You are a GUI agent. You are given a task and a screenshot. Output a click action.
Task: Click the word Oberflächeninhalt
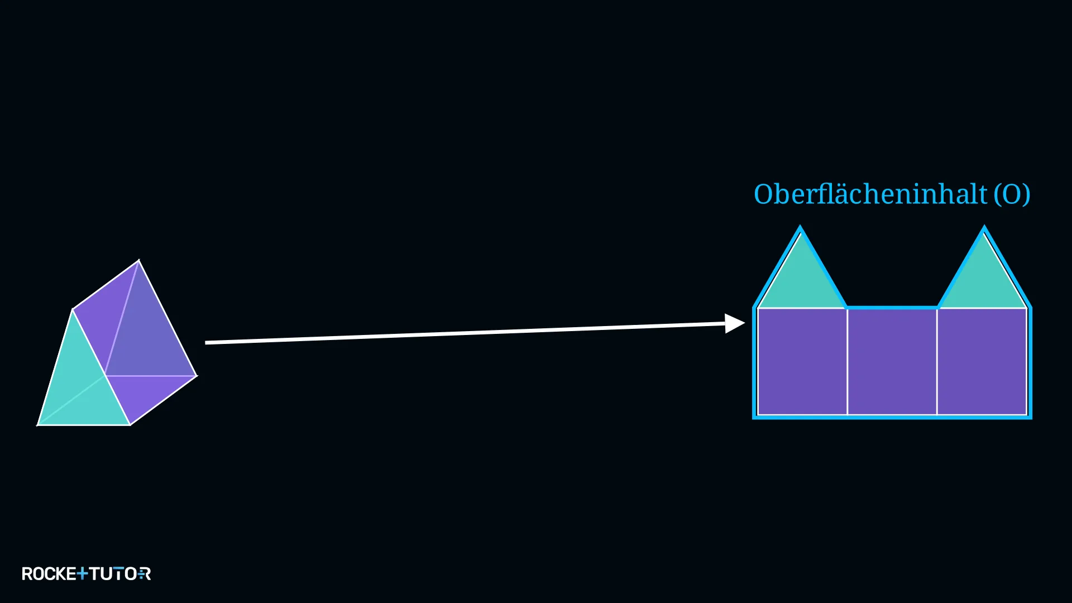(870, 194)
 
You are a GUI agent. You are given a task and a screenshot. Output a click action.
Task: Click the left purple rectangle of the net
(802, 361)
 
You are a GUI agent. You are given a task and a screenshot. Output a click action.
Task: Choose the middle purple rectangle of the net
(892, 361)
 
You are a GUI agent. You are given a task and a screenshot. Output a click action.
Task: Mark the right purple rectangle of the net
(982, 361)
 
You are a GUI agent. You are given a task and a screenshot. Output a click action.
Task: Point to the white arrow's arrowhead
(735, 323)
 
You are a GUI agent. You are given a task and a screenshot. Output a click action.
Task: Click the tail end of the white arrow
(206, 342)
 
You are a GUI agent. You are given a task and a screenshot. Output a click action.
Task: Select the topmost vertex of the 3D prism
(139, 260)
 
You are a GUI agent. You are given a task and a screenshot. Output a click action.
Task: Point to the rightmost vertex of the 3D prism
(197, 376)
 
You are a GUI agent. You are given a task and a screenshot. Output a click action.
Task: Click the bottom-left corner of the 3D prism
(37, 425)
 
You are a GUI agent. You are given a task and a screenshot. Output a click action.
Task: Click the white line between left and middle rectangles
(848, 361)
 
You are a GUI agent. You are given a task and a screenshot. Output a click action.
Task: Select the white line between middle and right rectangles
(937, 361)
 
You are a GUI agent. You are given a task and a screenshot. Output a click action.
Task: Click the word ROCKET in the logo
(55, 574)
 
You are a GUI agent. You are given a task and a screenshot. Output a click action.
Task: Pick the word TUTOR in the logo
(120, 574)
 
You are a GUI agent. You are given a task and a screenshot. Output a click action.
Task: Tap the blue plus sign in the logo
(82, 573)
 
